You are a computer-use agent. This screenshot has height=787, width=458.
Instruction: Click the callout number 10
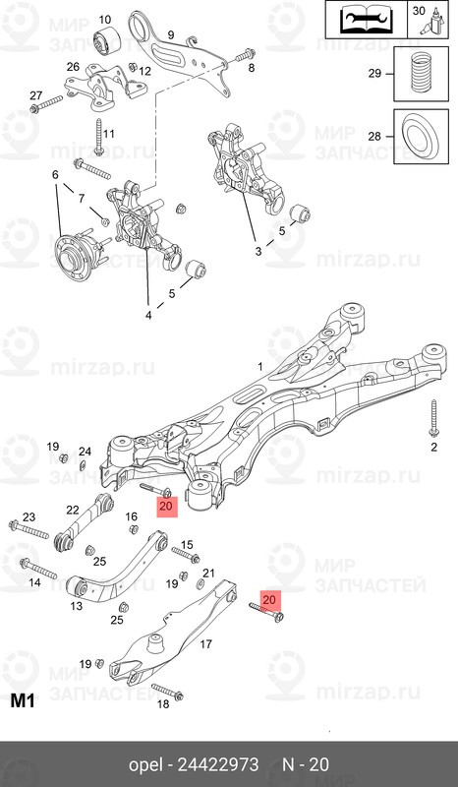coord(104,20)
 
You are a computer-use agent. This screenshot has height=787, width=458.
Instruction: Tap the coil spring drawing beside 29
coord(421,72)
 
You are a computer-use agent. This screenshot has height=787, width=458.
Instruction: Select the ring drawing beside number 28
coord(421,136)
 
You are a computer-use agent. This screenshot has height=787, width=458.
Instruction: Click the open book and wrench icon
coord(366,20)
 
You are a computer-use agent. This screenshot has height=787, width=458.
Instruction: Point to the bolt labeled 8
coord(245,55)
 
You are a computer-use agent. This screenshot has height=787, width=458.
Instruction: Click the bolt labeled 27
coord(46,103)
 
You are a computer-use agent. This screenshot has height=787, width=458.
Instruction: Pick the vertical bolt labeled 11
coord(99,136)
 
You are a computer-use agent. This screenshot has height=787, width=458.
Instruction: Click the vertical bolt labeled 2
coord(434,418)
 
